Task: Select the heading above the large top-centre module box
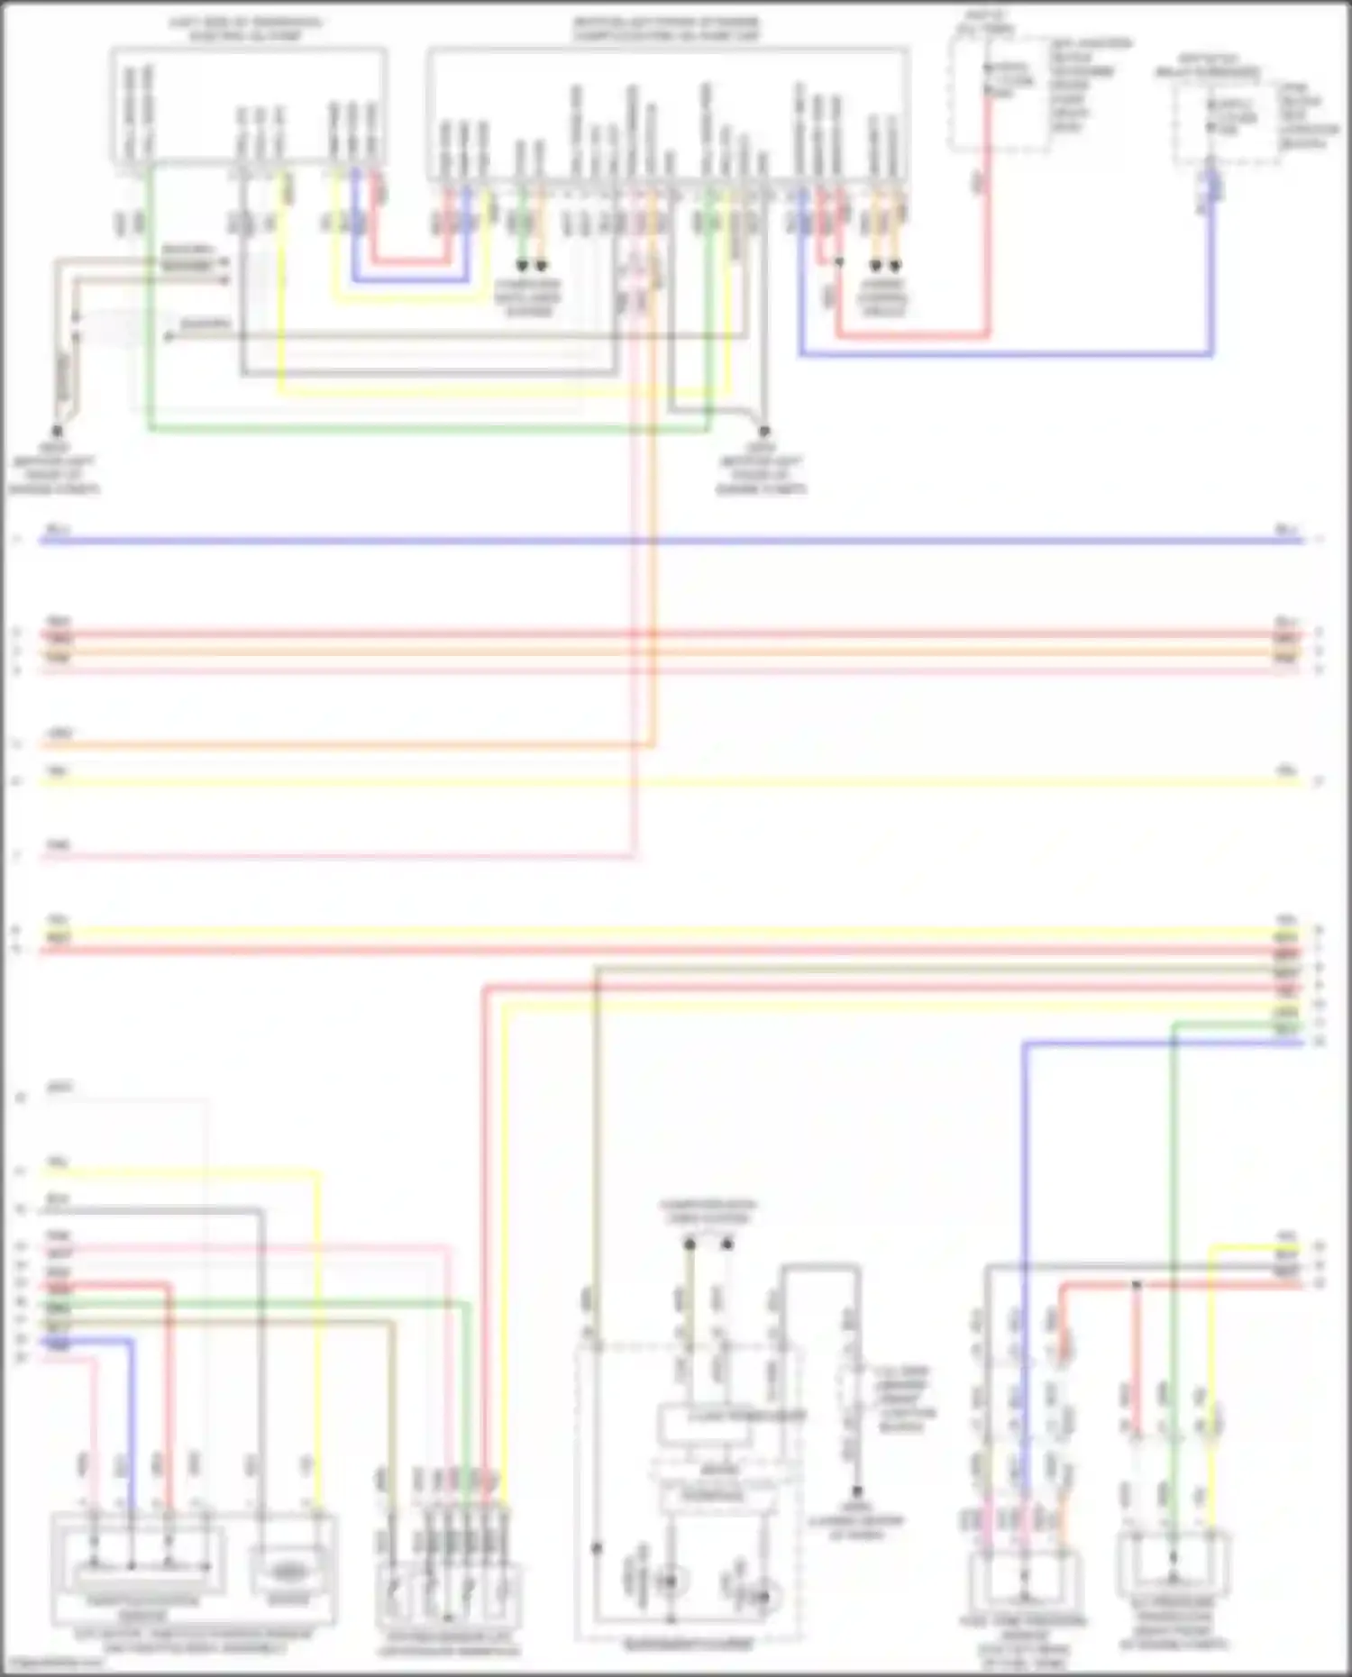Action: coord(666,29)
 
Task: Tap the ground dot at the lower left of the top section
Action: coord(57,431)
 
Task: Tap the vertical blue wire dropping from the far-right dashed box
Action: coord(1211,270)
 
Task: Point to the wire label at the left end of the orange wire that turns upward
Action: coord(59,734)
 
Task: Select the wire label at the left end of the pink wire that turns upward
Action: coord(59,845)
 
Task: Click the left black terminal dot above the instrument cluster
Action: coord(690,1244)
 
